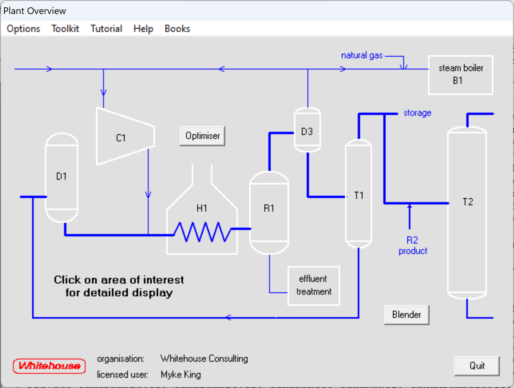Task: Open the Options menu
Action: (x=23, y=29)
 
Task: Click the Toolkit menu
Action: (x=65, y=29)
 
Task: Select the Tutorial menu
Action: (x=106, y=29)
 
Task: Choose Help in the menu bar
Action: (x=143, y=29)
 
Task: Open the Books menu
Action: (x=177, y=29)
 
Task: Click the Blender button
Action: (x=406, y=315)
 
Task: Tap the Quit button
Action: (x=477, y=366)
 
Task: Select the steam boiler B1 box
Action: (x=460, y=75)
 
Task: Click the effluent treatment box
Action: (x=314, y=286)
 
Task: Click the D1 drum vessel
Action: (x=62, y=178)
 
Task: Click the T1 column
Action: (x=359, y=195)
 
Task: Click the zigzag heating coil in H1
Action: (x=202, y=232)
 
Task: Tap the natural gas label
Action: (x=362, y=56)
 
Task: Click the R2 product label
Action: (x=412, y=245)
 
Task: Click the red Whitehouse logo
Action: (x=49, y=366)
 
